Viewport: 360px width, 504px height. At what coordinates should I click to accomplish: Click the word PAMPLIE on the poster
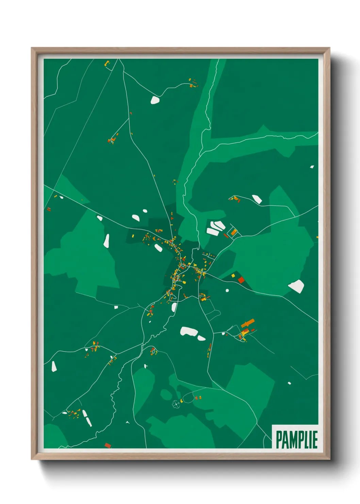point(296,440)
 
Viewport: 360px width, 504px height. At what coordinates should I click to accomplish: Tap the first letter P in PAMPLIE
point(279,440)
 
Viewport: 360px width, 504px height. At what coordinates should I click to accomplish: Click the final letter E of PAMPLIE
point(315,440)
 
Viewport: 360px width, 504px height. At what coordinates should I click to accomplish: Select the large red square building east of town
point(241,280)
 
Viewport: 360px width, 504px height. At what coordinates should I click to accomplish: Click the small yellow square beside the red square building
point(233,275)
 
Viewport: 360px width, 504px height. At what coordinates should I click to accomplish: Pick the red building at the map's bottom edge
point(108,445)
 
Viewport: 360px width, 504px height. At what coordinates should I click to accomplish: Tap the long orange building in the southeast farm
point(248,322)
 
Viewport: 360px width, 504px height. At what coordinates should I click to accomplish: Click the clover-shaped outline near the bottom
point(176,404)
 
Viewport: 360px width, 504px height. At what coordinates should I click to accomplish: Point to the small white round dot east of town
point(227,290)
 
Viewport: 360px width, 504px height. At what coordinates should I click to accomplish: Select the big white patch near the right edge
point(296,286)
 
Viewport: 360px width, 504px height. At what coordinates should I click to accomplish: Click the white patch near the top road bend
point(155,100)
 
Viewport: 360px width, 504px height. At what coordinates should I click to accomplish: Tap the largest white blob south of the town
point(189,331)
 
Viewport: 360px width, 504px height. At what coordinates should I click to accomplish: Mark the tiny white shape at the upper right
point(312,167)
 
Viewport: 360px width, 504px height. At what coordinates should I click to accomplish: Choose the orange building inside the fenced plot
point(233,233)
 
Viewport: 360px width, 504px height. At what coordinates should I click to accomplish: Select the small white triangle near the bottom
point(128,422)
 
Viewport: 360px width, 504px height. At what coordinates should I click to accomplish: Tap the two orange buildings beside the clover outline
point(198,397)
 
